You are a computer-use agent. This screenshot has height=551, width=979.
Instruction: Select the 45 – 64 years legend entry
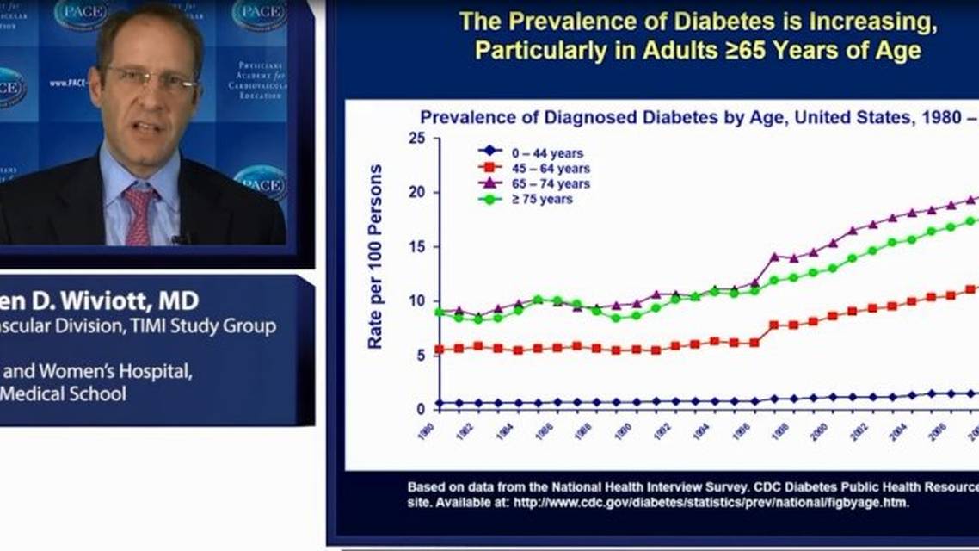click(551, 169)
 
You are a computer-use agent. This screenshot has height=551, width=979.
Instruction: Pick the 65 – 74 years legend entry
click(551, 184)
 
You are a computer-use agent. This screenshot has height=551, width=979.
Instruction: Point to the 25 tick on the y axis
click(417, 139)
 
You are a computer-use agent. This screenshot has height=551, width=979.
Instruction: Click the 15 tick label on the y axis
click(417, 247)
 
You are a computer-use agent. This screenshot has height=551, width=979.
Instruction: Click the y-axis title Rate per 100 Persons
click(376, 257)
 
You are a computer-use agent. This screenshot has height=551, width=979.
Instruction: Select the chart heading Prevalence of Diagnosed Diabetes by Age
click(602, 118)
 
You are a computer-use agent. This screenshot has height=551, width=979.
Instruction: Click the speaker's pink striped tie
click(139, 214)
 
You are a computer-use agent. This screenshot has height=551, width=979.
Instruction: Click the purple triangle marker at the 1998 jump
click(773, 257)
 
